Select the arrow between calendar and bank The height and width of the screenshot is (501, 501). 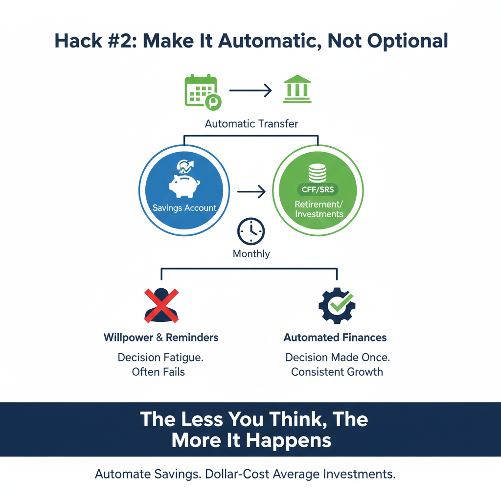[250, 90]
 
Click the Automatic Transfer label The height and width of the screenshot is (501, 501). [251, 124]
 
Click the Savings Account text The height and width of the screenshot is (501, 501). [184, 208]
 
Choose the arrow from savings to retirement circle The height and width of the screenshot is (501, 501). [250, 192]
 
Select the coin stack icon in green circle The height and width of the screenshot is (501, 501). [318, 172]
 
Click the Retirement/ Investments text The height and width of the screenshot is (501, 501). [319, 209]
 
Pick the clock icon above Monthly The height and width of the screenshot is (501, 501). [250, 231]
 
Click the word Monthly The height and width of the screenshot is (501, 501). [251, 254]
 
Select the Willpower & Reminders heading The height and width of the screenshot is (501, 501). [161, 338]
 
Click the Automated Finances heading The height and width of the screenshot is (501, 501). [335, 338]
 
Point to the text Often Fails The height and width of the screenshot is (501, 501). [159, 372]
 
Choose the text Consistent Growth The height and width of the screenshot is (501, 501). [337, 372]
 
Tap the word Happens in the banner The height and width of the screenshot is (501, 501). [289, 440]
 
